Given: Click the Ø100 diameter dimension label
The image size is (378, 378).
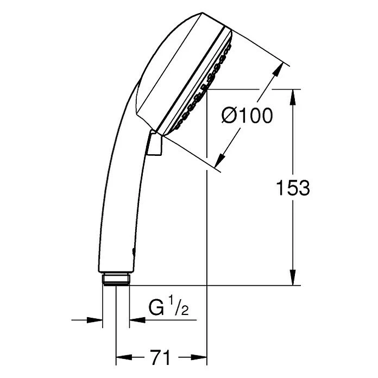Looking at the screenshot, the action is [247, 116].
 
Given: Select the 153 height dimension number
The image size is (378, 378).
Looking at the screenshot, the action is [293, 187].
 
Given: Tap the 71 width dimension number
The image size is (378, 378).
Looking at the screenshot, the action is [160, 357].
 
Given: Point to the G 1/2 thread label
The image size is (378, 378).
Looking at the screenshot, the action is [168, 306].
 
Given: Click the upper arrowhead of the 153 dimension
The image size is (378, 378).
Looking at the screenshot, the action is [293, 97].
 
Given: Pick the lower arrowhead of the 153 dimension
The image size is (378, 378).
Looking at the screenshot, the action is [293, 278].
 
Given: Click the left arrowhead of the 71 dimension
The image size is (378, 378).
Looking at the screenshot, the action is [124, 357].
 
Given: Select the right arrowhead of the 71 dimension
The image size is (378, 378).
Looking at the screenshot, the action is [199, 357].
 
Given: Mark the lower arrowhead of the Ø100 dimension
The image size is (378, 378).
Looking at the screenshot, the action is [220, 160].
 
